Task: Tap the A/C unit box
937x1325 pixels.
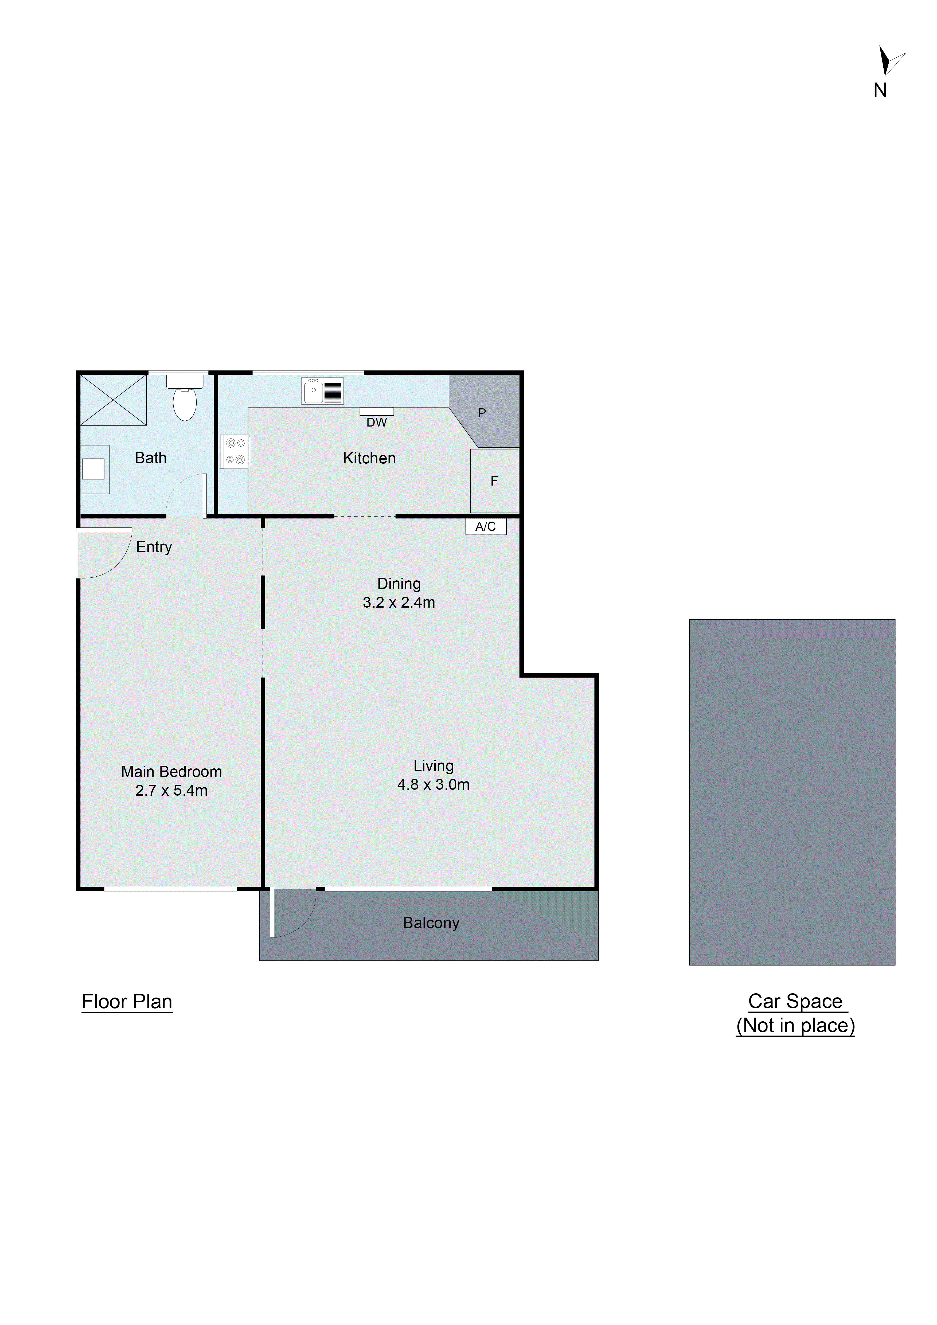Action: [x=486, y=526]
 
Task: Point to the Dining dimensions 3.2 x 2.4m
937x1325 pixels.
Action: [x=399, y=603]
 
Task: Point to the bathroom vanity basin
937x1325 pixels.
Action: [x=93, y=468]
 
